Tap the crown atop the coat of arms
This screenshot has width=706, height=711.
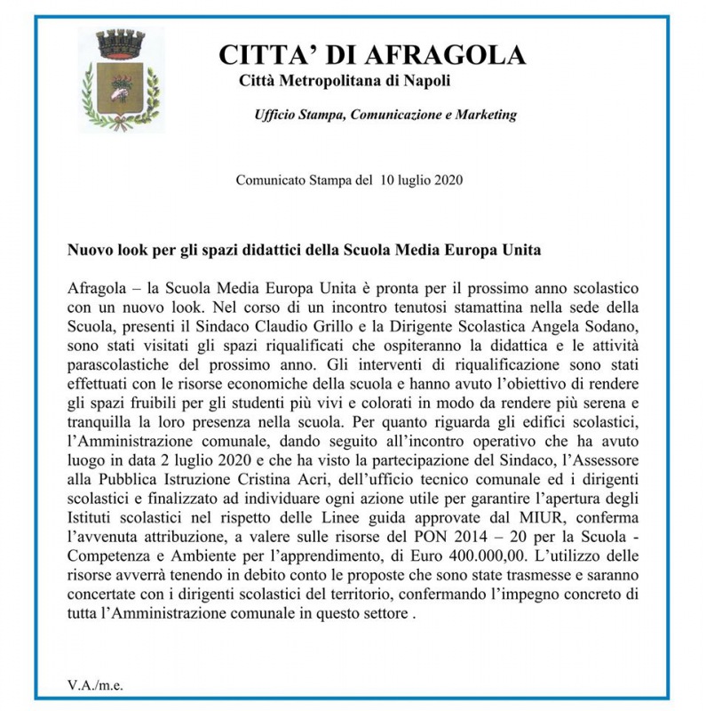[120, 43]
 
